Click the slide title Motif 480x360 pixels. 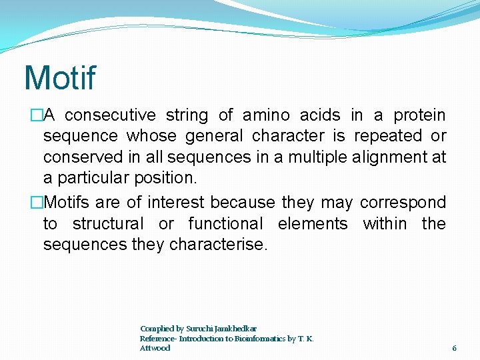(59, 78)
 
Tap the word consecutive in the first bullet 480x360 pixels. (110, 115)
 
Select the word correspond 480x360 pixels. (403, 202)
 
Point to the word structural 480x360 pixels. (108, 223)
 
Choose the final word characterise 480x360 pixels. (218, 245)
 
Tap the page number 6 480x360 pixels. (454, 348)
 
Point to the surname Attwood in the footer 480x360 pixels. (155, 348)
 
